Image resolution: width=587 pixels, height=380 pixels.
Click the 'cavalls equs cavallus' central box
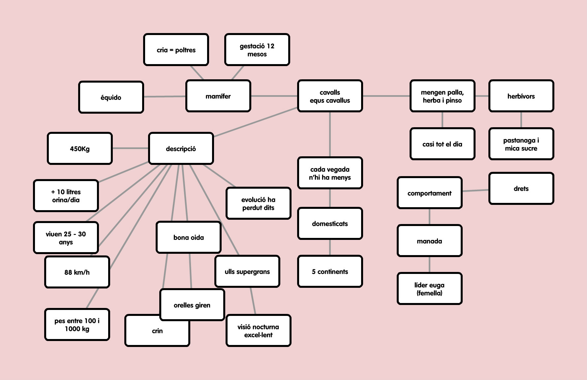[x=330, y=96]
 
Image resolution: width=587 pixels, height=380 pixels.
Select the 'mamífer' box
[x=218, y=96]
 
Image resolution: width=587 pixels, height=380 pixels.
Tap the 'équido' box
[x=111, y=97]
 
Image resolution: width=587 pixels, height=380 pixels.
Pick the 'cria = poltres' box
[x=176, y=50]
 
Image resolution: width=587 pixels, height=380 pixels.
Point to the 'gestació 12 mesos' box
[x=257, y=50]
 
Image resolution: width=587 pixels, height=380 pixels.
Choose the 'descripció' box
[x=181, y=149]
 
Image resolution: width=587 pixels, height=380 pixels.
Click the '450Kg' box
[x=80, y=149]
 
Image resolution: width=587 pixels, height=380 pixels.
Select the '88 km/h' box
[x=77, y=272]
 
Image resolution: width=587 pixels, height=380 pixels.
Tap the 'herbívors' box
[x=521, y=96]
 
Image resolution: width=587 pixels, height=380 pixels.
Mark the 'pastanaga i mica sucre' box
[x=521, y=144]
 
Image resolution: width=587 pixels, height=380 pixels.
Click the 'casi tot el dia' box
[x=442, y=144]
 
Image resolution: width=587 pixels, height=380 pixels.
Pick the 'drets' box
[x=521, y=188]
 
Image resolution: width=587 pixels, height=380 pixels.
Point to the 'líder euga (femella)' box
[x=429, y=289]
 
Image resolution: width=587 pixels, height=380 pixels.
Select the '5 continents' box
[x=330, y=272]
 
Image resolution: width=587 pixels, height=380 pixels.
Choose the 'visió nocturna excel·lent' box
[x=258, y=331]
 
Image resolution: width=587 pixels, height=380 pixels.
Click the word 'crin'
[x=157, y=331]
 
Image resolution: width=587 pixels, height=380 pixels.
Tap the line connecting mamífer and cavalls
[x=274, y=96]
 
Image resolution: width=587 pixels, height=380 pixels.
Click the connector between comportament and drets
[x=475, y=191]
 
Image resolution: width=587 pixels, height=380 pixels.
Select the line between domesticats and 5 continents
[x=330, y=247]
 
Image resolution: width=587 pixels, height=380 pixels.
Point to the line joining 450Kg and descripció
[x=130, y=148]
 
